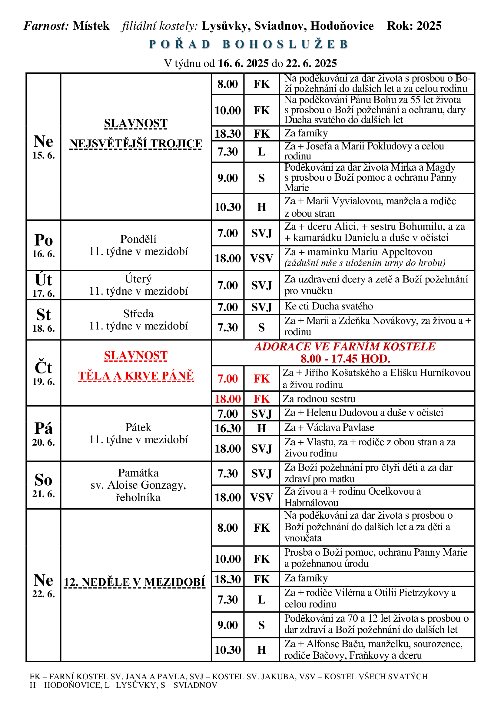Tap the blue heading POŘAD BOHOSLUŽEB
point(249,45)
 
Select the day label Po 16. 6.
point(44,245)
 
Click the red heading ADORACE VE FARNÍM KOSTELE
point(345,347)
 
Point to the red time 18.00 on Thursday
point(228,399)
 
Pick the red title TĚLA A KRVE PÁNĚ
point(136,376)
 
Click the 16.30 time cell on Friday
point(228,428)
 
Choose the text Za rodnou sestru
point(319,399)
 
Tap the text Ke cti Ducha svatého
point(329,306)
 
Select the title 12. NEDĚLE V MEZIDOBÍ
point(134,582)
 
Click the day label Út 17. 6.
point(44,285)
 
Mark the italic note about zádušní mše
point(365,263)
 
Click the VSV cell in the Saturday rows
point(262,497)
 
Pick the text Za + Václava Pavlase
point(329,428)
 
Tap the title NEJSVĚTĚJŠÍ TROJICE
point(136,144)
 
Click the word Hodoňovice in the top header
point(342,26)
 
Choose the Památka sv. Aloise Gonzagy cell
point(138,485)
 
